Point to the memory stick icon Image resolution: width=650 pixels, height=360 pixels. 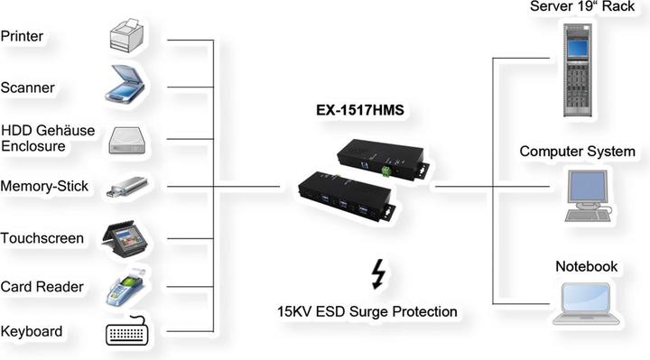127,188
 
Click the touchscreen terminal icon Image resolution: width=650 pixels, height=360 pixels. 127,237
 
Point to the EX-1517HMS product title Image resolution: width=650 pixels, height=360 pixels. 358,113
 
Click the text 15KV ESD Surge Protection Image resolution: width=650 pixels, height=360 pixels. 367,312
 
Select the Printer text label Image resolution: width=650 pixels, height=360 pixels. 23,36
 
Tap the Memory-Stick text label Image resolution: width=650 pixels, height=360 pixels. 45,187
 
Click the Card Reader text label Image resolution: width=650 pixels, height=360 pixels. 42,287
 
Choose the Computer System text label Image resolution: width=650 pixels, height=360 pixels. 577,151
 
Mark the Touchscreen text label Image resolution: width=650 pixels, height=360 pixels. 42,238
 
